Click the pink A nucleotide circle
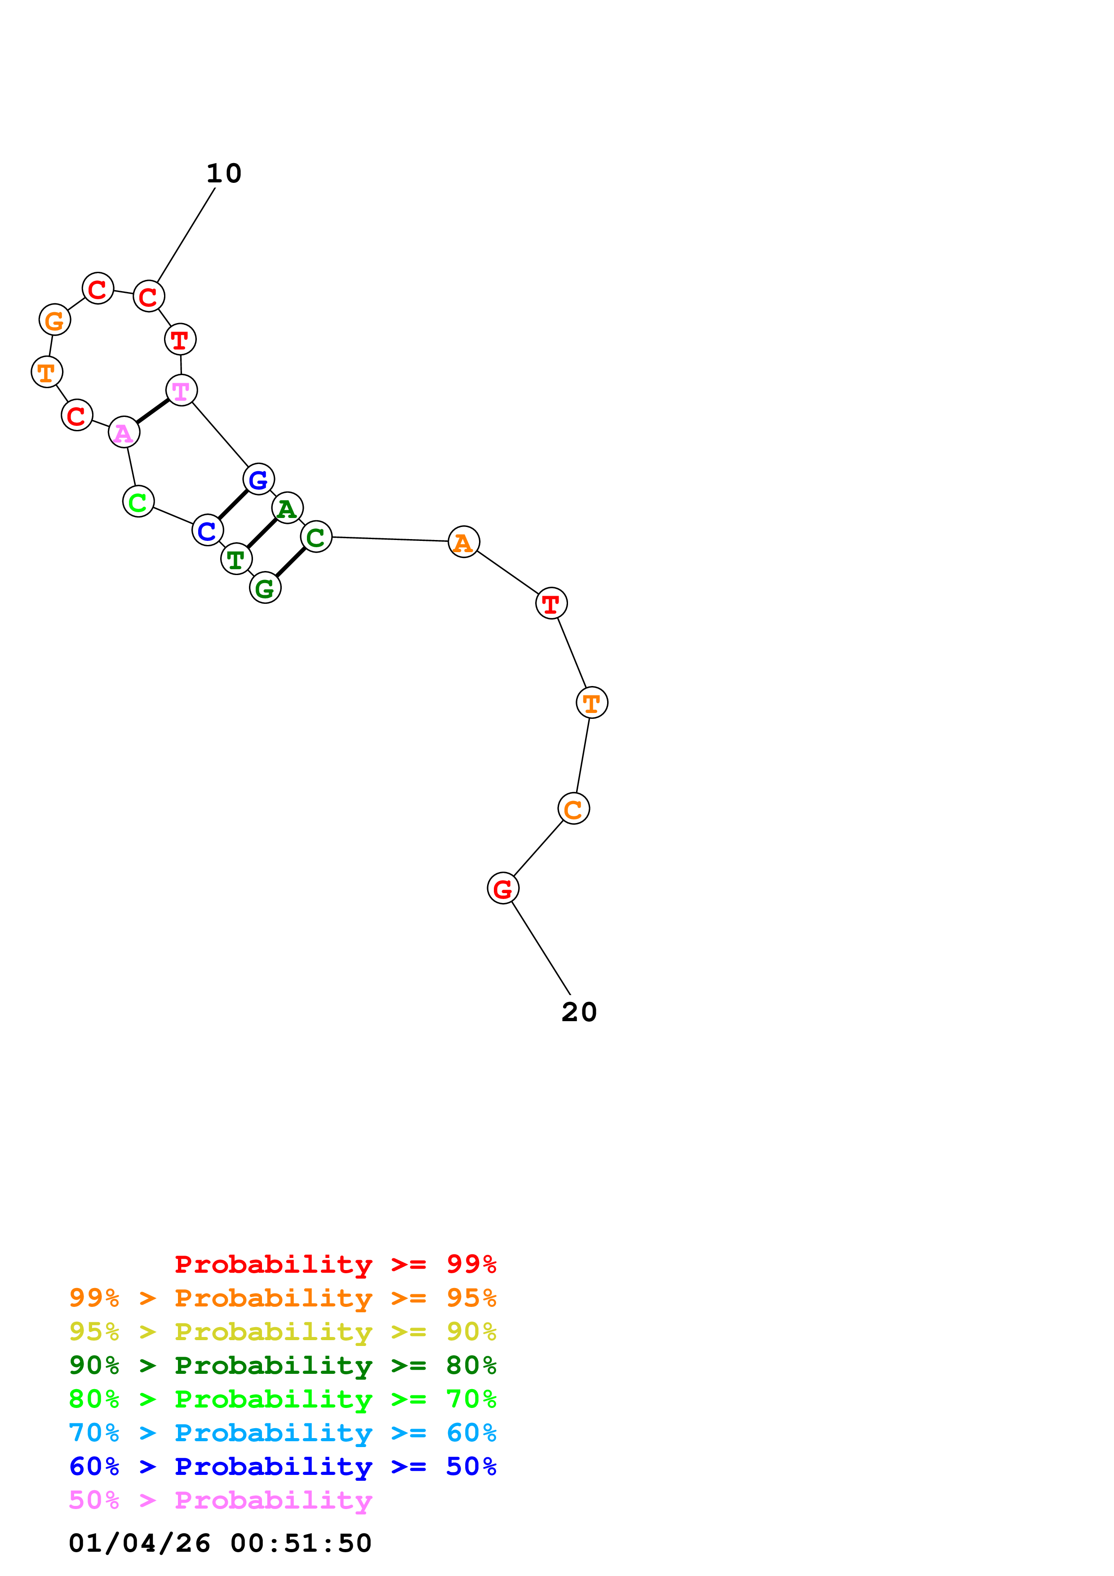pos(124,433)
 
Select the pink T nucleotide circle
pos(181,390)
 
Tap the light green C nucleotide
pos(138,502)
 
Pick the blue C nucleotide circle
pos(207,530)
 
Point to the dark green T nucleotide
pos(236,559)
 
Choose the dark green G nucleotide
pos(265,588)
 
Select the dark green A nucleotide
pos(287,508)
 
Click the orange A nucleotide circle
pos(463,542)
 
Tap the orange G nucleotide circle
pos(54,320)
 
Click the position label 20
pos(579,1012)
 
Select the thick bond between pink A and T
pos(152,411)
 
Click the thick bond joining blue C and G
pos(233,505)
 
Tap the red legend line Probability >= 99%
pos(335,1264)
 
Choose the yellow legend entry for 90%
pos(282,1332)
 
